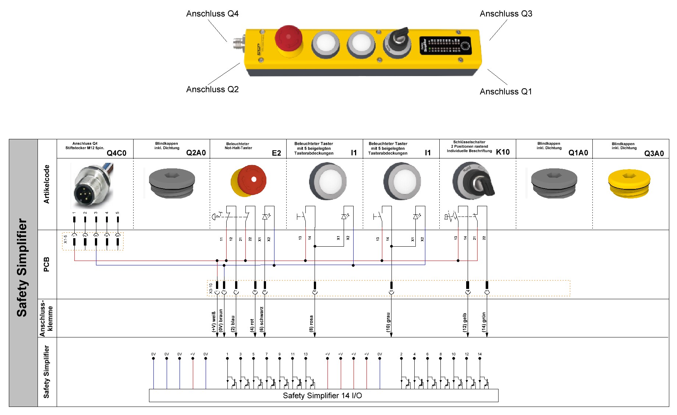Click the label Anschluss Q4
(212, 14)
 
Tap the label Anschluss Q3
(506, 14)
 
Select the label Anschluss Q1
(506, 92)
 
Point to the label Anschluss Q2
(212, 89)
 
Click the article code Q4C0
(116, 153)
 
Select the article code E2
(276, 153)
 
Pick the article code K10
(503, 152)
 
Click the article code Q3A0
(654, 153)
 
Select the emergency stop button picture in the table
(249, 181)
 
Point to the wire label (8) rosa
(311, 323)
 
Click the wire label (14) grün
(484, 322)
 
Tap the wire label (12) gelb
(464, 322)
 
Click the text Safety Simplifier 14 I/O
(322, 396)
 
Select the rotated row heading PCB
(46, 264)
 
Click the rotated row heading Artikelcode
(46, 184)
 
